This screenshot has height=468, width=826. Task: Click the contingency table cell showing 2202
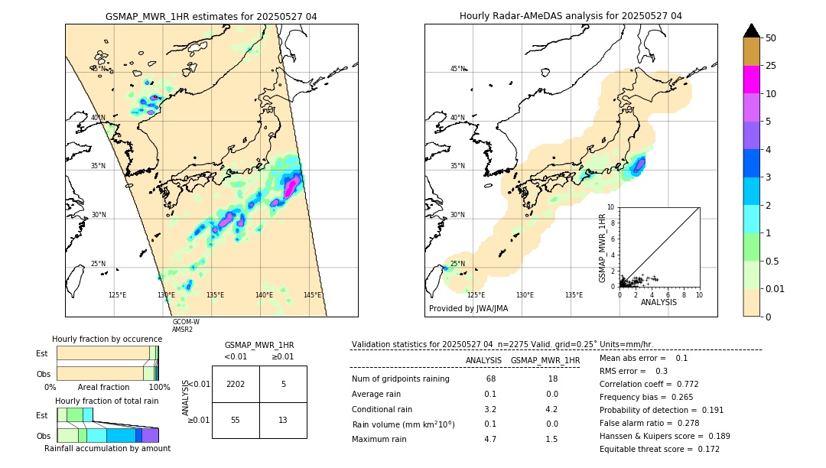coord(236,384)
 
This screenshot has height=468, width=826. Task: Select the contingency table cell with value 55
coord(236,420)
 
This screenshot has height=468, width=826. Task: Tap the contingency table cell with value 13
coord(283,420)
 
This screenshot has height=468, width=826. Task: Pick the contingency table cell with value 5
coord(283,384)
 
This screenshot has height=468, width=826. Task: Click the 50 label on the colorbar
coord(771,38)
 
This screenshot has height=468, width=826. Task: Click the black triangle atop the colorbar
coord(752,31)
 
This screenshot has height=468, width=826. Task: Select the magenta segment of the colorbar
coord(752,80)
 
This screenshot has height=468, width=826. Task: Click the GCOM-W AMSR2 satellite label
coord(185,325)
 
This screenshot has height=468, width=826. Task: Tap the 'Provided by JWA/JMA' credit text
coord(468,308)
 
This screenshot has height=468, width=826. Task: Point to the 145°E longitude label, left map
coord(312,294)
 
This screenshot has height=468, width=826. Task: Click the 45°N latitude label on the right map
coord(457,69)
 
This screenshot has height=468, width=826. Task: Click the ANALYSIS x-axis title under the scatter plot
coord(659,302)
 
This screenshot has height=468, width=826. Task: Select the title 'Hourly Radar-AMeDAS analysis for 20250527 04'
coord(571,16)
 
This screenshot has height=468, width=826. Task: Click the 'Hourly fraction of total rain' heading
coord(106,401)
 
